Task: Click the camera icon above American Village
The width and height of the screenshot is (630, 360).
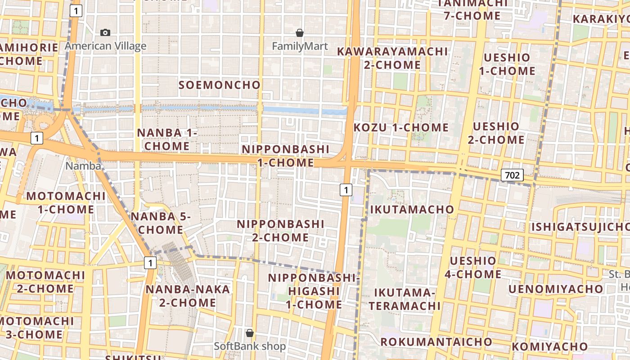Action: [x=105, y=32]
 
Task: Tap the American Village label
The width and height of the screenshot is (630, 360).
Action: [x=106, y=46]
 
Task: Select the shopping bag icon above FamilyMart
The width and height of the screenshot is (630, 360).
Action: [x=300, y=33]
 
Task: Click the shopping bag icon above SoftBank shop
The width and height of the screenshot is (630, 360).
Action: [x=250, y=333]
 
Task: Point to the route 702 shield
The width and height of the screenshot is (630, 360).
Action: [x=513, y=175]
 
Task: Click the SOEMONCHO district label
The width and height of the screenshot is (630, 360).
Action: [x=220, y=85]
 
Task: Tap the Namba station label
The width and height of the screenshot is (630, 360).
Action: [x=83, y=166]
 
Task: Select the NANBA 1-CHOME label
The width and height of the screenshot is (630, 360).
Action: [x=167, y=139]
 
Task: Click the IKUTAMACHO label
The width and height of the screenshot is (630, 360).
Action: [x=412, y=209]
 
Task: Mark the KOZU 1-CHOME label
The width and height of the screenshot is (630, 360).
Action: [x=401, y=128]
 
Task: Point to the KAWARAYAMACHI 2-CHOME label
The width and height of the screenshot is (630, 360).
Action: [x=392, y=58]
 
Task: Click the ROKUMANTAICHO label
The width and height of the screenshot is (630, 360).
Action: [x=436, y=342]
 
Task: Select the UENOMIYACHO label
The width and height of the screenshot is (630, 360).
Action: [x=555, y=289]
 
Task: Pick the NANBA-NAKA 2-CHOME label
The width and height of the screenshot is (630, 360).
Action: [x=188, y=296]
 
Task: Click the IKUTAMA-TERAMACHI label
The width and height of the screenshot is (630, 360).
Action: [x=405, y=299]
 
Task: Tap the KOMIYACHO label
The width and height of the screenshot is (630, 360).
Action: [x=549, y=346]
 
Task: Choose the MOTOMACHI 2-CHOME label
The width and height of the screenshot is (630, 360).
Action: [x=45, y=282]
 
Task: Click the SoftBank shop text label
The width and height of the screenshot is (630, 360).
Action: [x=250, y=346]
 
